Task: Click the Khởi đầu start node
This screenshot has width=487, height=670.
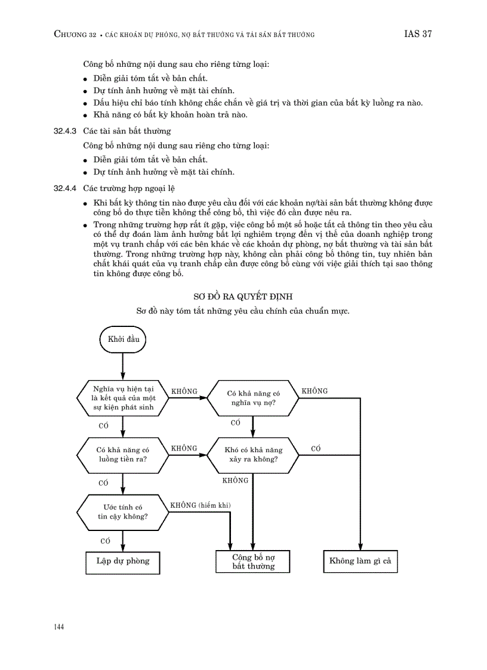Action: coord(123,339)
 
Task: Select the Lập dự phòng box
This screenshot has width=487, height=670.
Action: coord(123,561)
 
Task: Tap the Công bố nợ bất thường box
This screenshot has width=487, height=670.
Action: coord(253,561)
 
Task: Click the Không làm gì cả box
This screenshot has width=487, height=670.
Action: coord(360,561)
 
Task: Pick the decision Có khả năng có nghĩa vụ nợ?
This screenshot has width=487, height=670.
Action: coord(253,398)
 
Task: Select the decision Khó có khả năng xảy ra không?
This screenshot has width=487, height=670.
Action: coord(253,455)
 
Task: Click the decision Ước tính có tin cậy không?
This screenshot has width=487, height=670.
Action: coord(123,511)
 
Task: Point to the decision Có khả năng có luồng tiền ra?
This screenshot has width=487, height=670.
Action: coord(123,455)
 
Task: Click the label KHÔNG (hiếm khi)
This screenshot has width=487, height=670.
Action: coord(200,505)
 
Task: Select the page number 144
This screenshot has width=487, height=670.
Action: coord(59,627)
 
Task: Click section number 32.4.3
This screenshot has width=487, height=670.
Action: coord(66,131)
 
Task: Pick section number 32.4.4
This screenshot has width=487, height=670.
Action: coord(66,189)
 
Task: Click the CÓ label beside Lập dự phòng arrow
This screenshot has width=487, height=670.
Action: coord(106,541)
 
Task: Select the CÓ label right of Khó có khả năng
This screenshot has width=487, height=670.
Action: coord(316,448)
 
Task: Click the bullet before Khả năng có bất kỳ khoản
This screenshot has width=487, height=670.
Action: coord(86,116)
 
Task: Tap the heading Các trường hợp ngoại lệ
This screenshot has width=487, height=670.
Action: coord(128,189)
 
